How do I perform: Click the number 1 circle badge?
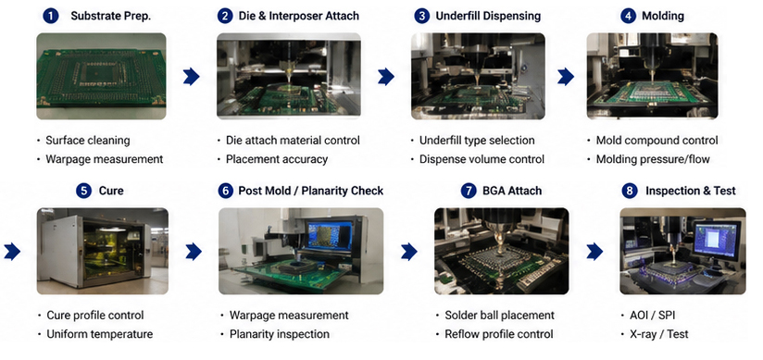click(51, 16)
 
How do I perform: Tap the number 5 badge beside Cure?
click(83, 191)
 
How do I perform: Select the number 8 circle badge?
click(630, 191)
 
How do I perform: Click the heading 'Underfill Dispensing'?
click(488, 16)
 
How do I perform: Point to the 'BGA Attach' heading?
click(512, 191)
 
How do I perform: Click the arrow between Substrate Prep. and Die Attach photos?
click(192, 77)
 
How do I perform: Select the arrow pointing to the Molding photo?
click(566, 77)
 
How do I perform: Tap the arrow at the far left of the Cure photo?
click(12, 252)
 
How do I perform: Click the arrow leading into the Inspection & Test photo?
click(594, 252)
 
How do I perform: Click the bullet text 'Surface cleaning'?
click(88, 141)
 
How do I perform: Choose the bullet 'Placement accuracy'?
click(276, 159)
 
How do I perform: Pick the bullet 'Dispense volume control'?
click(482, 159)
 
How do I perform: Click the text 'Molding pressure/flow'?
click(653, 159)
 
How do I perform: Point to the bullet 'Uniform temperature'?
click(100, 334)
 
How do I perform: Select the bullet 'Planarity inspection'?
click(280, 334)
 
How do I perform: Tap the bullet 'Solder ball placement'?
click(500, 316)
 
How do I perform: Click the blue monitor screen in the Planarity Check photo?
click(330, 235)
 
